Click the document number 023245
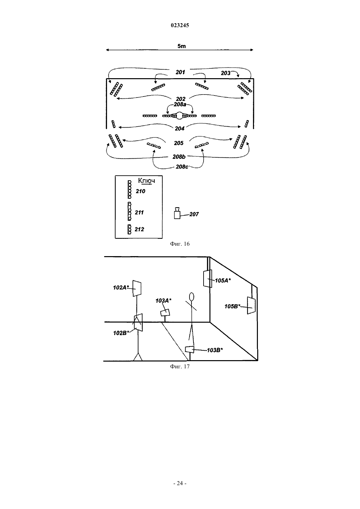(x=180, y=25)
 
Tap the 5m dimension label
(x=182, y=46)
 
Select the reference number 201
(x=180, y=72)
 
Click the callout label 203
(x=225, y=73)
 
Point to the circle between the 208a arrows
(x=179, y=116)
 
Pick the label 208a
(x=180, y=104)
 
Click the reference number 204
(x=180, y=129)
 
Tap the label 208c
(x=182, y=167)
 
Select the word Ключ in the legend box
(x=147, y=181)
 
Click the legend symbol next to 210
(x=130, y=189)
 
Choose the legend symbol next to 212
(x=129, y=229)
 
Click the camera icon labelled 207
(x=177, y=213)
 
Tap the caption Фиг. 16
(x=180, y=244)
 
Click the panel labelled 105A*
(x=208, y=279)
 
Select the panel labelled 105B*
(x=251, y=306)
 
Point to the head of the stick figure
(x=191, y=297)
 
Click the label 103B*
(x=215, y=350)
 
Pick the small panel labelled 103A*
(x=165, y=312)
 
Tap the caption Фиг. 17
(x=180, y=366)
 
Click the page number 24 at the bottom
(x=180, y=483)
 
